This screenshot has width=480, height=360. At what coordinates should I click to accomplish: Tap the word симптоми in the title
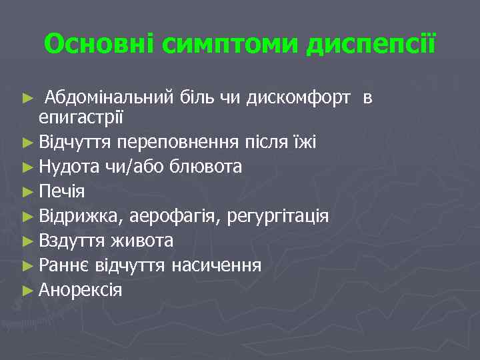[x=213, y=45]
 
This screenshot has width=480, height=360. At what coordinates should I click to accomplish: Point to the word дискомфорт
[x=298, y=99]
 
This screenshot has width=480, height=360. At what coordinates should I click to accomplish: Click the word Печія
[x=62, y=192]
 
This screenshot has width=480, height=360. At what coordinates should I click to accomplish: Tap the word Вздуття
[x=72, y=241]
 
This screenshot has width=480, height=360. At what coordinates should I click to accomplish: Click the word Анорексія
[x=81, y=290]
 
